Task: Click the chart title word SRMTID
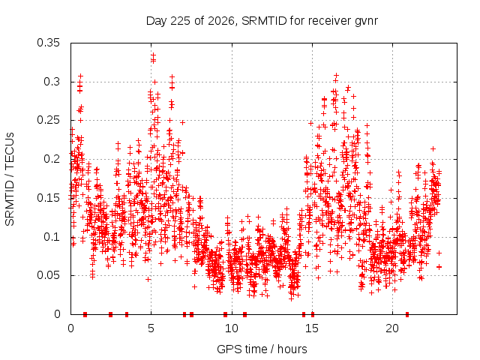click(x=264, y=21)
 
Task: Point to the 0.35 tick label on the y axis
click(x=48, y=43)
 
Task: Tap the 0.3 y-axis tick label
click(x=52, y=82)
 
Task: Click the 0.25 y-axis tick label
click(x=48, y=120)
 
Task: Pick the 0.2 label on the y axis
click(x=52, y=159)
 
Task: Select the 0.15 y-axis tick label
click(x=48, y=198)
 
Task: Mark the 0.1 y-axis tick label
click(x=52, y=237)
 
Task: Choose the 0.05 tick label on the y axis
click(x=48, y=275)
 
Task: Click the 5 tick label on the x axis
click(x=151, y=328)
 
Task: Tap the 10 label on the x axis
click(x=232, y=328)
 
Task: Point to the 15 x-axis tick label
click(x=312, y=328)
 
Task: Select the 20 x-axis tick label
click(x=392, y=328)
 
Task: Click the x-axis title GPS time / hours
click(x=262, y=349)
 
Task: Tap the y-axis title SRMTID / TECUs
click(x=10, y=179)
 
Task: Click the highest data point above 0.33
click(x=153, y=55)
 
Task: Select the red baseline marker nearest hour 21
click(x=407, y=314)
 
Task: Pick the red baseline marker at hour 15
click(x=313, y=314)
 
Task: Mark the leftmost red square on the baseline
click(x=85, y=314)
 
